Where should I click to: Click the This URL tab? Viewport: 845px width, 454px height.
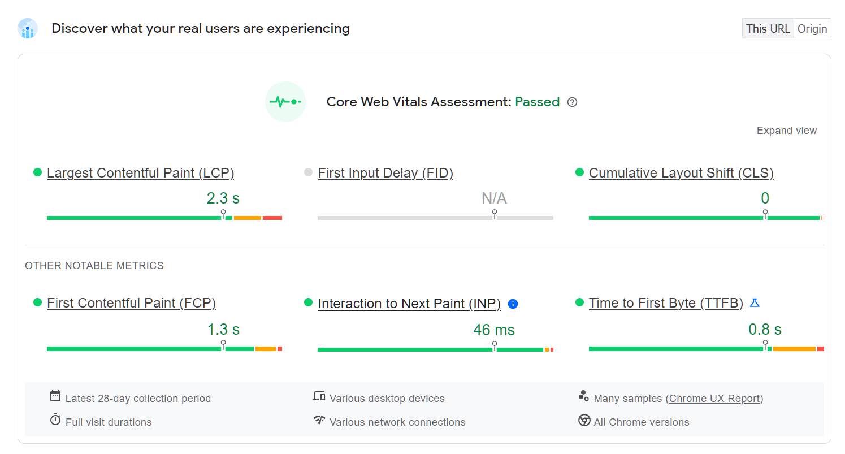768,29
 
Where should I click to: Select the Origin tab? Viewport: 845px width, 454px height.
812,29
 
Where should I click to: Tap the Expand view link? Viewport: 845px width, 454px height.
786,131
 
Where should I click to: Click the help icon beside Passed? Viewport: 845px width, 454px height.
572,102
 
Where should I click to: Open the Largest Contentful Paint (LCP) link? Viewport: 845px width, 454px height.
140,173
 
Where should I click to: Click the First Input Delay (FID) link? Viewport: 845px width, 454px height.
385,173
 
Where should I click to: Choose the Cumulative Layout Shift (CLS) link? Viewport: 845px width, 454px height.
681,173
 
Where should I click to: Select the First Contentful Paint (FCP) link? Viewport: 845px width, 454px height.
131,303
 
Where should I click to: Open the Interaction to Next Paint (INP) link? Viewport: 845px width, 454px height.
409,304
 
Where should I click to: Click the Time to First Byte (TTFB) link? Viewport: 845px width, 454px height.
666,303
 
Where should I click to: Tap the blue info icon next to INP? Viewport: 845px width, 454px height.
513,304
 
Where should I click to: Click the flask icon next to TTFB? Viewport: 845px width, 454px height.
754,303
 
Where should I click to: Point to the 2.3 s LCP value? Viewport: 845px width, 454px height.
223,198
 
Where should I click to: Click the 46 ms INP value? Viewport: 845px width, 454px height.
494,330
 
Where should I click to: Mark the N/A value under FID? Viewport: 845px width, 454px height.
494,198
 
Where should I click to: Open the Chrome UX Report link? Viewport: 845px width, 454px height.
714,399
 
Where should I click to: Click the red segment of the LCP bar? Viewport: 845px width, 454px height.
272,218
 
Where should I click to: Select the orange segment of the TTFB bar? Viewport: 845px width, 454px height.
794,349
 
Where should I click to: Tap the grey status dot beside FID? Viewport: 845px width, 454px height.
308,172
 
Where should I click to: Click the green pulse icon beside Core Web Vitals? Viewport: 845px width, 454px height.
285,102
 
